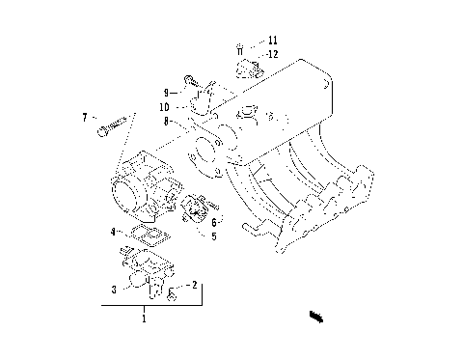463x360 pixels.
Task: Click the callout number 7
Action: [85, 117]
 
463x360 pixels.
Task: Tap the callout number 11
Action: [273, 40]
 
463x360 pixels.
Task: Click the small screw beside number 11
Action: [239, 46]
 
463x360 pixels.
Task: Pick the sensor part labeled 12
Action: [249, 67]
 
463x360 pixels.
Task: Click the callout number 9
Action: [166, 92]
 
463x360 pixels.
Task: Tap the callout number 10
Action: [166, 106]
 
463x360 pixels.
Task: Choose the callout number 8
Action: [166, 121]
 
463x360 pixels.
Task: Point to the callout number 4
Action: [113, 231]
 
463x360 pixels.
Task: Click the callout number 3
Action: [115, 288]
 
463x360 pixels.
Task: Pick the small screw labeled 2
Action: [171, 292]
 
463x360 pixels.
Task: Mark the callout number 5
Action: [214, 235]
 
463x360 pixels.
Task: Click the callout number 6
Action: [214, 221]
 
